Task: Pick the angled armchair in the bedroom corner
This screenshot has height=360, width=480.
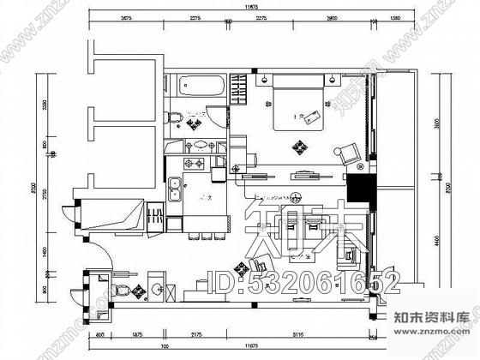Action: [349, 153]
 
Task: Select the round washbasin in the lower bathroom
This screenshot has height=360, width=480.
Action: [155, 288]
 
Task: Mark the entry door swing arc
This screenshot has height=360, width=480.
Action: [97, 250]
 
